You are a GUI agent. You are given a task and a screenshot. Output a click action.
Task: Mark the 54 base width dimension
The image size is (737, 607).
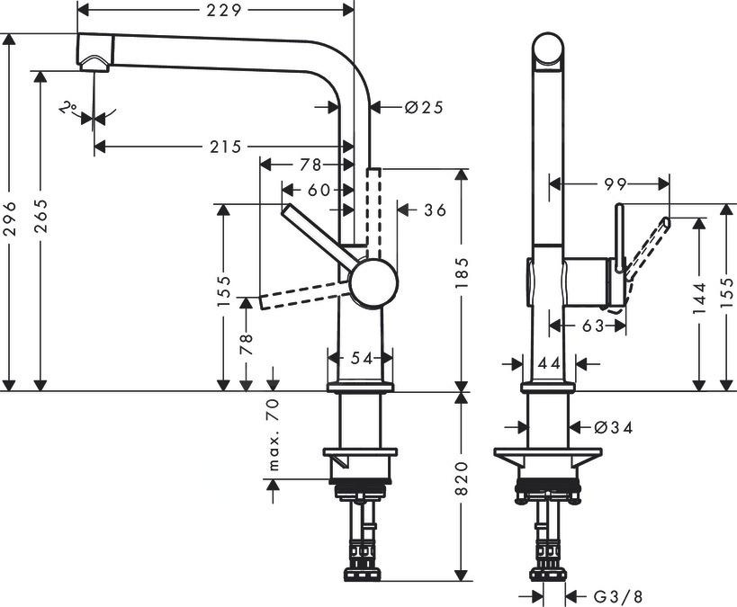click(x=361, y=359)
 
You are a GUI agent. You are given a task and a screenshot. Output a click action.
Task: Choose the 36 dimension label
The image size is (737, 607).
click(x=435, y=210)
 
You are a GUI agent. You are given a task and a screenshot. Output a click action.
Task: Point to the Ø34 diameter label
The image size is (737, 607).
click(x=615, y=428)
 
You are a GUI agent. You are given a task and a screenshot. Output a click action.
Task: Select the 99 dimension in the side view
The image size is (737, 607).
click(x=616, y=184)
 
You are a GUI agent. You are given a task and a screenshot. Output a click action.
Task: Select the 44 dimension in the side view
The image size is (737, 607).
click(x=549, y=363)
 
